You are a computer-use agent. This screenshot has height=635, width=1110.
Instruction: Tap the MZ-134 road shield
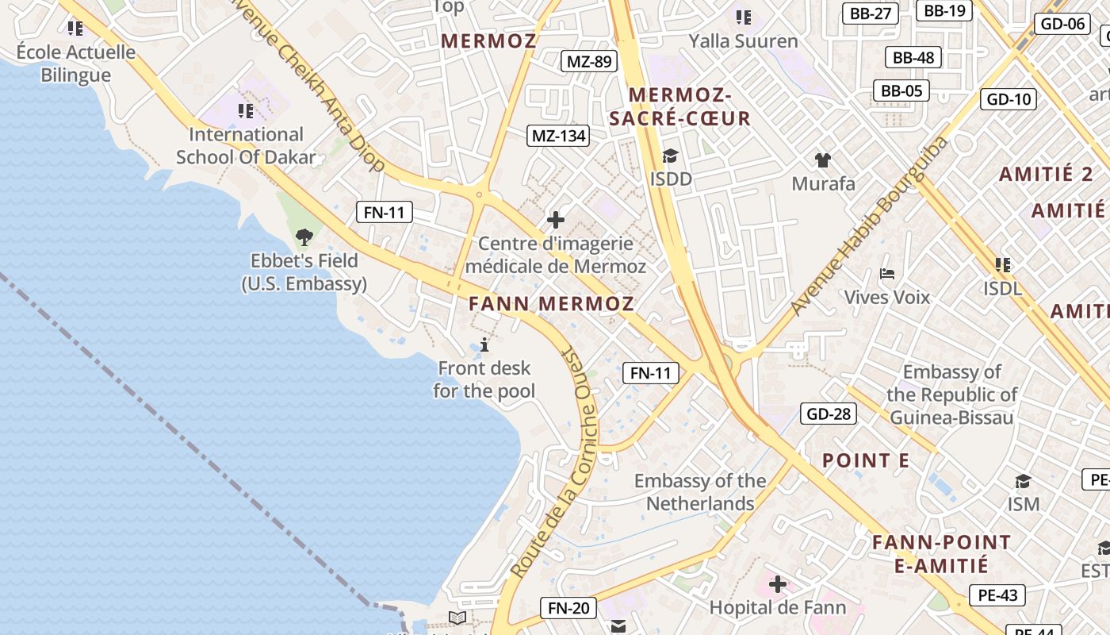point(559,136)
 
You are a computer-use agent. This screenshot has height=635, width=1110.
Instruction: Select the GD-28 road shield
point(828,414)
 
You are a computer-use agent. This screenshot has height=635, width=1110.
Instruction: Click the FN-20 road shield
point(569,608)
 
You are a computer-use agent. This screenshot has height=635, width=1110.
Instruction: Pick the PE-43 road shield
point(997,595)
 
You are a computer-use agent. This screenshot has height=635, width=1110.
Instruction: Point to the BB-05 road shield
point(901,90)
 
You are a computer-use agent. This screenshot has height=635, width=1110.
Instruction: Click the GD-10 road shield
point(1009,99)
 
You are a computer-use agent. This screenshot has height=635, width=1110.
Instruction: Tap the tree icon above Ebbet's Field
point(304,237)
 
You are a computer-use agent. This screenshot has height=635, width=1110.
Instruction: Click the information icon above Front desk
point(484,344)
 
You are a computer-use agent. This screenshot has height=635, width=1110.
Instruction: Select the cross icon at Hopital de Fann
point(777,585)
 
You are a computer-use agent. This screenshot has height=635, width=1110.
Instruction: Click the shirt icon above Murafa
point(823,160)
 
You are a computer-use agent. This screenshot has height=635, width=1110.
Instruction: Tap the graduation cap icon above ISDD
point(671,156)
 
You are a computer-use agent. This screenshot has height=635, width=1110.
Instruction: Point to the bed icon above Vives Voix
point(887,275)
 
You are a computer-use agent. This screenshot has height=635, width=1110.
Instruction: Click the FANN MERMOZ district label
point(551,304)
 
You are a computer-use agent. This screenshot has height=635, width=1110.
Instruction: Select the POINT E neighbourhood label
point(865,460)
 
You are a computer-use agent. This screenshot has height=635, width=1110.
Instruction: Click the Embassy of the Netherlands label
point(699,492)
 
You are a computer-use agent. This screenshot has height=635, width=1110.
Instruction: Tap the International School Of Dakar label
point(246,145)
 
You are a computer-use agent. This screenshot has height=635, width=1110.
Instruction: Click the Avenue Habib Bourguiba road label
point(869,225)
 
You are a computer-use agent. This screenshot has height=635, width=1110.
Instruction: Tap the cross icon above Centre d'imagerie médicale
point(556,220)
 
